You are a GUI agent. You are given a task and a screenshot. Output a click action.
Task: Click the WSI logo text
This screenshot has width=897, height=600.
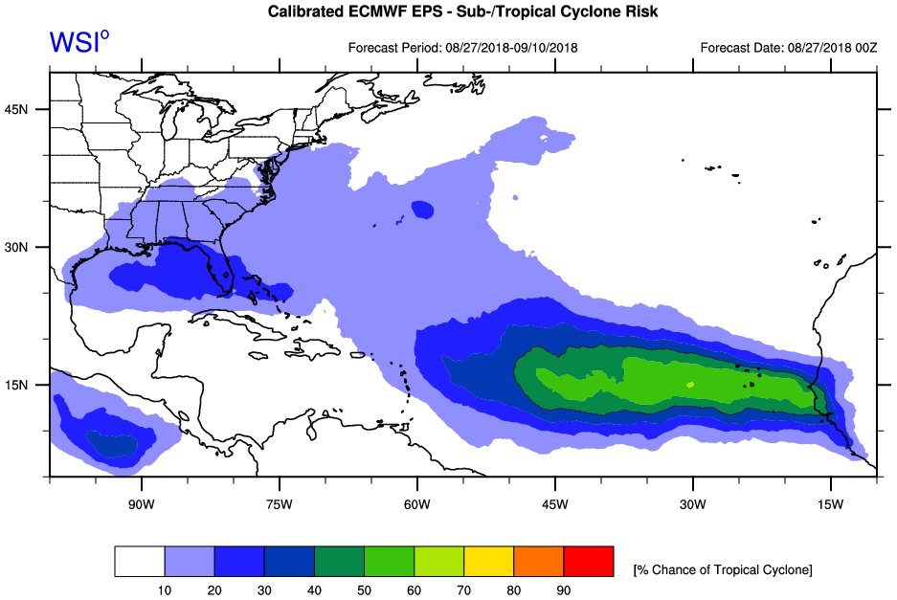pos(78,43)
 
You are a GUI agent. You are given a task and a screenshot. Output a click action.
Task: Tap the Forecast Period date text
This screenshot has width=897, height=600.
pos(462,47)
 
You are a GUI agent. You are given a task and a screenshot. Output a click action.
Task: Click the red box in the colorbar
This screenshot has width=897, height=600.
pos(588,562)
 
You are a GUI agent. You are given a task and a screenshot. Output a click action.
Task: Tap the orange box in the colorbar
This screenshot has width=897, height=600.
pos(538,562)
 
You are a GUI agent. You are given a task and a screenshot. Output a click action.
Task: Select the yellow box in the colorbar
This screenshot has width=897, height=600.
pos(488,562)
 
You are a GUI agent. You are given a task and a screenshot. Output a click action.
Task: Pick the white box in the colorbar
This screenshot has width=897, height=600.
pos(140,562)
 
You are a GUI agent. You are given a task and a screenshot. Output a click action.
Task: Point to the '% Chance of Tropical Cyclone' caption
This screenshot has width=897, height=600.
pos(722,570)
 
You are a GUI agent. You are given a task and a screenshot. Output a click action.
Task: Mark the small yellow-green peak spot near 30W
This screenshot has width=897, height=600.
pos(690,384)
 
